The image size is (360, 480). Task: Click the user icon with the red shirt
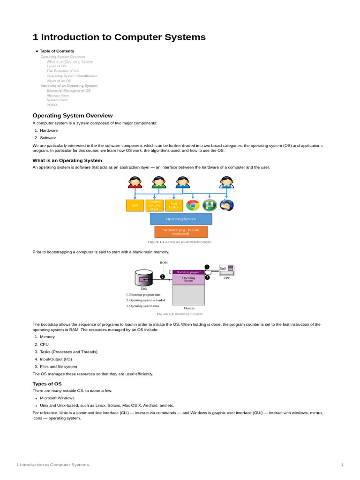coord(135,182)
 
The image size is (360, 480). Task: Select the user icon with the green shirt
coord(158,182)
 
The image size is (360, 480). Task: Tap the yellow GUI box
coord(135,205)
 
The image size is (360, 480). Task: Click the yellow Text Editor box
coord(174,205)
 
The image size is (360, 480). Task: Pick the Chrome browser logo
coord(193,205)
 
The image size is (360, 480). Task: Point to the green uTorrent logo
coord(210,205)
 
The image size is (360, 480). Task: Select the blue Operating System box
coord(181,219)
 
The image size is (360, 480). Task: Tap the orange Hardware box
coord(181,232)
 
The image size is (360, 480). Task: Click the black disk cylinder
coord(144,278)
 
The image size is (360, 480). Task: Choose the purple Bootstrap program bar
coord(188,272)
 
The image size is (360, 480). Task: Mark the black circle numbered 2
coord(162,277)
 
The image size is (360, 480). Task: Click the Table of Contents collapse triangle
coord(37,51)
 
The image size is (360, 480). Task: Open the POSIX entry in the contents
coord(52,105)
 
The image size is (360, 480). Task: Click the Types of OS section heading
coord(47,383)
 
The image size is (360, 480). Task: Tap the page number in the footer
coord(342,465)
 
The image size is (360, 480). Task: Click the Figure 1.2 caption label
coord(165,314)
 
